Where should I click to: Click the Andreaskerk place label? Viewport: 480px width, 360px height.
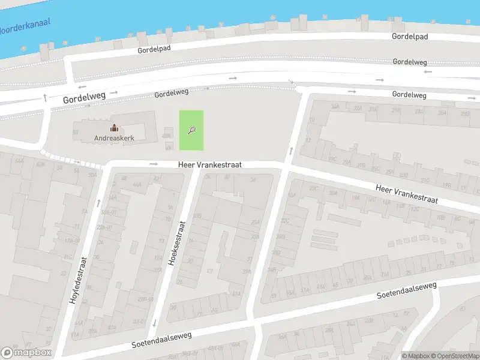(113, 138)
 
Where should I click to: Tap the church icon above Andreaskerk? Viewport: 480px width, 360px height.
(113, 128)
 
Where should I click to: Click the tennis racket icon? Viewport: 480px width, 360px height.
(191, 130)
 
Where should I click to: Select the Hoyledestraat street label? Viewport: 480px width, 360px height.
(79, 280)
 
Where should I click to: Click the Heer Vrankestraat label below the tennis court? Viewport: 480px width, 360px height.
(209, 164)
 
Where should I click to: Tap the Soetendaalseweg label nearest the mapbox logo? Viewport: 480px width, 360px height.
(161, 340)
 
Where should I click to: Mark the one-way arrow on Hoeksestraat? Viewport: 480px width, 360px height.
(154, 323)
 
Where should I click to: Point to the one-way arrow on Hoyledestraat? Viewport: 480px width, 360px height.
(99, 202)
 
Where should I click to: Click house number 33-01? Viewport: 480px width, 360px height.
(139, 322)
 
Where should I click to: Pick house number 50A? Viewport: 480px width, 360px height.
(92, 175)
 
